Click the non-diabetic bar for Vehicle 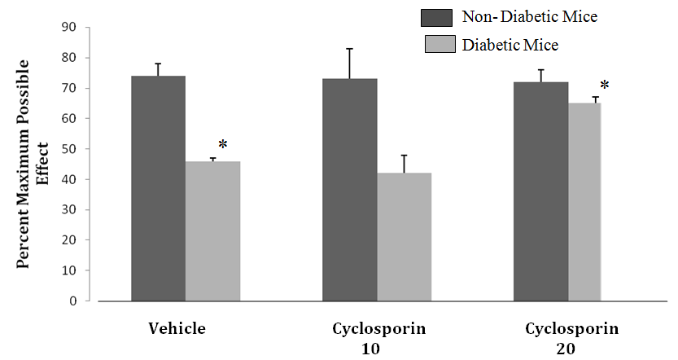tap(158, 188)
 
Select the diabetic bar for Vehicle tap(212, 231)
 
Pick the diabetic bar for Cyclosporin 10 tap(404, 237)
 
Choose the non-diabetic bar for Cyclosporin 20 tap(540, 191)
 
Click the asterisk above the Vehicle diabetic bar tap(223, 146)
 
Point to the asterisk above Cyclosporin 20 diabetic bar tap(605, 86)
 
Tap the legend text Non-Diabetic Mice tap(529, 17)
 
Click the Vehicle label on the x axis tap(177, 329)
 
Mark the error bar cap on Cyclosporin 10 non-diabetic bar tap(349, 49)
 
